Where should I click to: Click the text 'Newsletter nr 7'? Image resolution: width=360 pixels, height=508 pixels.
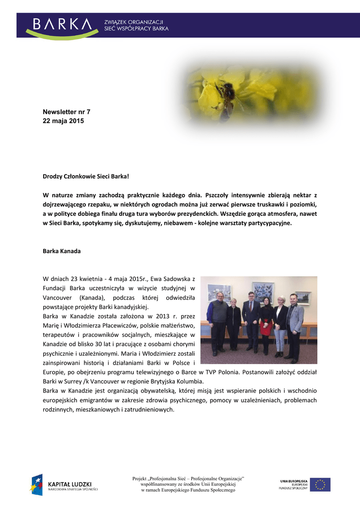[x=67, y=112]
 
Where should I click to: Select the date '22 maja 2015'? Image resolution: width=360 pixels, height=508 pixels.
[x=64, y=121]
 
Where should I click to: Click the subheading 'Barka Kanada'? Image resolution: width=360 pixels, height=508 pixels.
[x=62, y=251]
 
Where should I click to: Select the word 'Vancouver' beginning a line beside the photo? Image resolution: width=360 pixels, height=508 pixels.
[x=58, y=297]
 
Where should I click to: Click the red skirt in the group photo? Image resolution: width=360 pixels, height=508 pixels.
[x=266, y=328]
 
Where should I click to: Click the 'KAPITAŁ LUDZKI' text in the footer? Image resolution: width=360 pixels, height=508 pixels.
[x=70, y=484]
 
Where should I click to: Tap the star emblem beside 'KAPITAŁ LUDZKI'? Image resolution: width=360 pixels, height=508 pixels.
[x=37, y=485]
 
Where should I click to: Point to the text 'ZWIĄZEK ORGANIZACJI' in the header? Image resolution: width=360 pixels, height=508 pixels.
[x=134, y=22]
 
